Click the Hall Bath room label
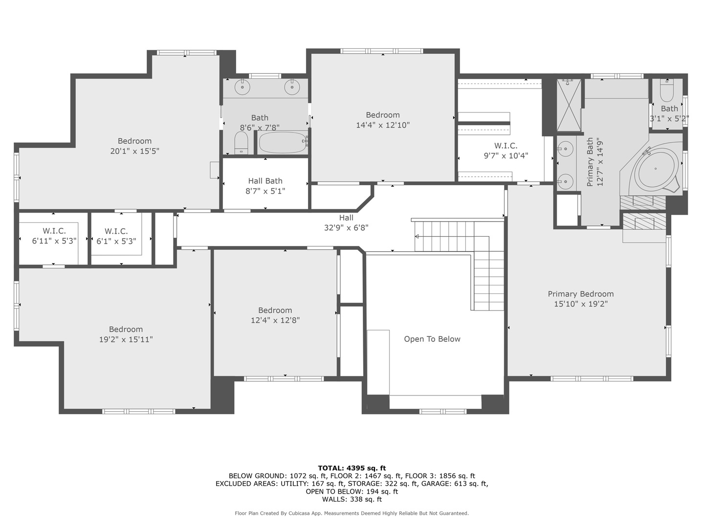pyautogui.click(x=265, y=181)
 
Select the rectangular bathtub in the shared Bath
pyautogui.click(x=283, y=143)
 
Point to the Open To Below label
pyautogui.click(x=432, y=339)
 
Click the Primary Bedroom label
pyautogui.click(x=580, y=294)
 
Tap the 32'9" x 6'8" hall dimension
pyautogui.click(x=346, y=228)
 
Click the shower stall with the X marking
pyautogui.click(x=568, y=105)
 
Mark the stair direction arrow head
pyautogui.click(x=417, y=237)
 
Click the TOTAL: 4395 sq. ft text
pyautogui.click(x=352, y=468)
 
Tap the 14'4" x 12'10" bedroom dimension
pyautogui.click(x=383, y=125)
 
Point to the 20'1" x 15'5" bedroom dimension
pyautogui.click(x=135, y=151)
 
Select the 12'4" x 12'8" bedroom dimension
pyautogui.click(x=275, y=320)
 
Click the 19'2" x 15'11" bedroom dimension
pyautogui.click(x=126, y=339)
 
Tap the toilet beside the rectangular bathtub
pyautogui.click(x=241, y=143)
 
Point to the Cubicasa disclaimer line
pyautogui.click(x=352, y=513)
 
